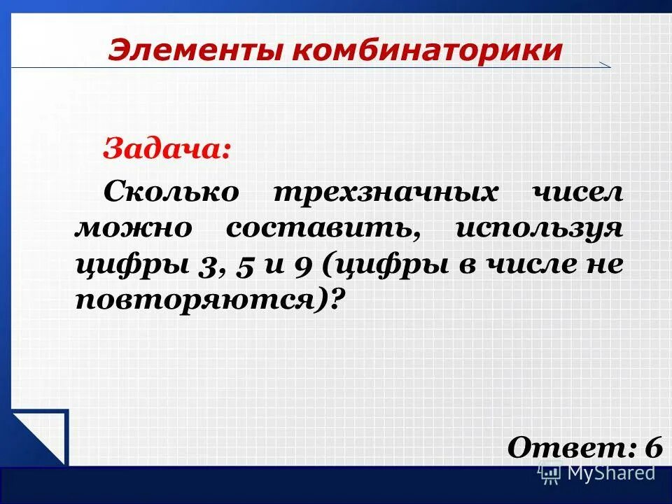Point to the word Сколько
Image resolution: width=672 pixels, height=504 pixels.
click(171, 192)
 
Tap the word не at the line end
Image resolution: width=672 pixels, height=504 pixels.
click(604, 266)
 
